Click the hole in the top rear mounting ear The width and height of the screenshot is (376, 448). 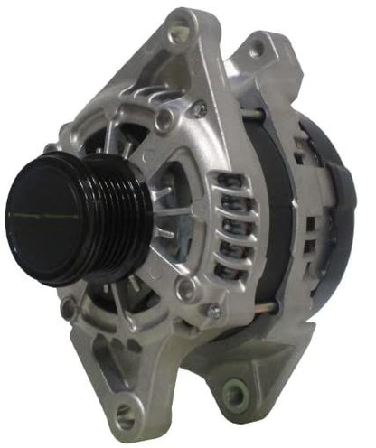[x=263, y=45]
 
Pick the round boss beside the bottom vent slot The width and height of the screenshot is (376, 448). [x=186, y=289]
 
